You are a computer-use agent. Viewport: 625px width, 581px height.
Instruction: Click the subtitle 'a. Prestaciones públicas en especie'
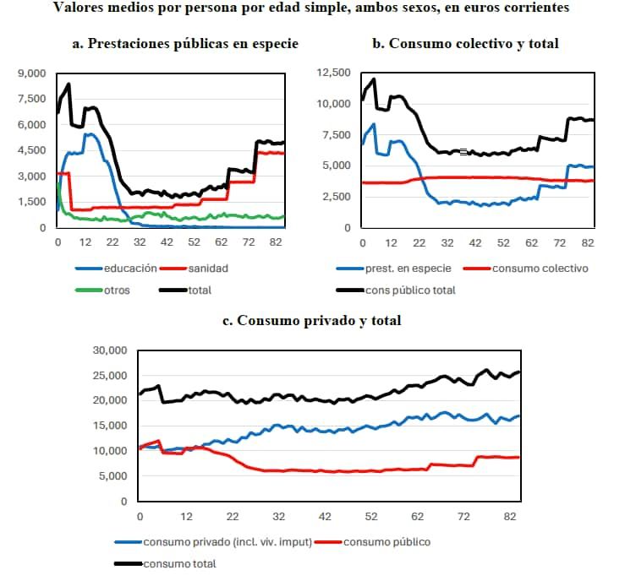tap(185, 43)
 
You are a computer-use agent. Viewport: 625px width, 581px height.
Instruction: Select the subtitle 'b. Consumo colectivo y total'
tap(466, 43)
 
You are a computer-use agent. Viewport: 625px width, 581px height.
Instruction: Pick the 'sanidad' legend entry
tap(208, 268)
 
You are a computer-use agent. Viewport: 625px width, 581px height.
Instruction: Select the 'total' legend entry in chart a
tap(199, 290)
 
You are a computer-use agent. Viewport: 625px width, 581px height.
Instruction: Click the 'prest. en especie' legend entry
tap(408, 269)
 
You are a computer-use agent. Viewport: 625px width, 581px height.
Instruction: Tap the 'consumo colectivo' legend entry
tap(540, 269)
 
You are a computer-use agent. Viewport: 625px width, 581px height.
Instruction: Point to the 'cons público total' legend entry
tap(410, 290)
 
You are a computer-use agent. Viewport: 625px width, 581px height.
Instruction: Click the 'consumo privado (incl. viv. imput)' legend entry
tap(228, 541)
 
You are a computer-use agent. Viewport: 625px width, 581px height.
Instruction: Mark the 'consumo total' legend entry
tap(180, 563)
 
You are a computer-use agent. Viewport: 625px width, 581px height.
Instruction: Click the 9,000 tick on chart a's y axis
tap(30, 73)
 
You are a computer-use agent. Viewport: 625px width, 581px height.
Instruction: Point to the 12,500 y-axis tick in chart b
tap(332, 73)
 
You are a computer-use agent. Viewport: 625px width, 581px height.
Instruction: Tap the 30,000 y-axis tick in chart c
tap(110, 350)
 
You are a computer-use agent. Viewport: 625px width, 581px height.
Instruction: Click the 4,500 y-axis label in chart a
tap(30, 150)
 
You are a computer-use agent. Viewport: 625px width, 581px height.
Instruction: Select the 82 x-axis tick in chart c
tap(509, 516)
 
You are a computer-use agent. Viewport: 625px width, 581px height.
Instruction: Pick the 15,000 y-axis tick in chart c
tap(110, 426)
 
